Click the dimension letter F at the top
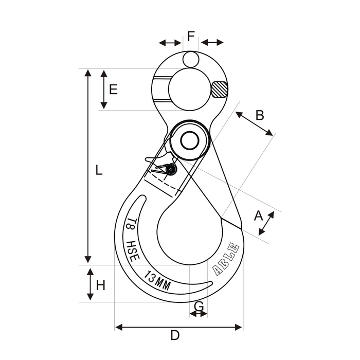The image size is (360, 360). (x=191, y=36)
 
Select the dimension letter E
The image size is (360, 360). (x=113, y=89)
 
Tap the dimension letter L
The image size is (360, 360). (x=99, y=170)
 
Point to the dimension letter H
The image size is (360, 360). (x=101, y=285)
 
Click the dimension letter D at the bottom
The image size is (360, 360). (x=175, y=335)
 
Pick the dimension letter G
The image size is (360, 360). (x=199, y=306)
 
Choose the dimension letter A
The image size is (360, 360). (x=258, y=215)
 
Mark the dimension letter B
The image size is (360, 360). (x=260, y=115)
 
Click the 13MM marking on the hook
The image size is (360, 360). (x=157, y=281)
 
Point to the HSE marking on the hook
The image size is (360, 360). (x=133, y=251)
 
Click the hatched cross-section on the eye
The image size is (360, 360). (x=220, y=89)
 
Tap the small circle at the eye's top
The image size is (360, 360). (x=191, y=60)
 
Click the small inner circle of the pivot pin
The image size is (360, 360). (x=190, y=141)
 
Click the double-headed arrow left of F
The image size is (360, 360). (x=170, y=43)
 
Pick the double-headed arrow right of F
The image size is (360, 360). (x=212, y=43)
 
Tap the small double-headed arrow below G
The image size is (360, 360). (x=199, y=314)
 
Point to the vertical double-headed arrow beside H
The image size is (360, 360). (x=91, y=284)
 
